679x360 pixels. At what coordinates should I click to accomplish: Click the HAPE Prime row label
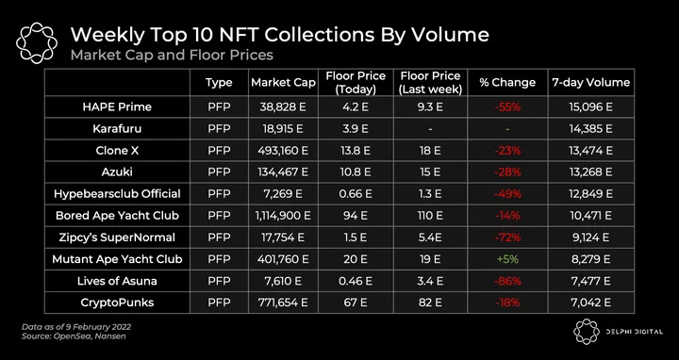click(117, 107)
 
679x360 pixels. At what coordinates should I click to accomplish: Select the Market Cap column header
click(283, 83)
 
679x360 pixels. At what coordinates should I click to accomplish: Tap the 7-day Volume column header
click(590, 83)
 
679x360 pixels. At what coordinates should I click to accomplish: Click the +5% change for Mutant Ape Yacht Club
click(507, 259)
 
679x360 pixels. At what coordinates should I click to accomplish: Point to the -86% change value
click(507, 281)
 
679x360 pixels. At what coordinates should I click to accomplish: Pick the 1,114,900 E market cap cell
click(283, 216)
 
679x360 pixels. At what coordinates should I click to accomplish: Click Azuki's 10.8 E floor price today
click(356, 172)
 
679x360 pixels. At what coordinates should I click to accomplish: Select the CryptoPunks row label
click(117, 303)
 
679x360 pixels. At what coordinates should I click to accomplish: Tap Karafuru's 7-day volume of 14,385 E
click(590, 128)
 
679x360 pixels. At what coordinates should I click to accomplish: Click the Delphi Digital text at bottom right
click(634, 332)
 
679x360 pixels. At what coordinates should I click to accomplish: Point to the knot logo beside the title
click(37, 42)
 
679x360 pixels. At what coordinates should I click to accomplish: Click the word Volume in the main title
click(451, 35)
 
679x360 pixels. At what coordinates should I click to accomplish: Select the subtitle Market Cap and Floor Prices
click(172, 55)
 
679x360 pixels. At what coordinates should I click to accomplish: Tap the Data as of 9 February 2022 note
click(76, 327)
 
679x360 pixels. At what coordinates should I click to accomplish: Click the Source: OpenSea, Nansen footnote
click(74, 336)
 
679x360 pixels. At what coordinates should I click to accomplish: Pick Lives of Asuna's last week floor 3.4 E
click(430, 281)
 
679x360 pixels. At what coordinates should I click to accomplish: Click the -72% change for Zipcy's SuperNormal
click(507, 237)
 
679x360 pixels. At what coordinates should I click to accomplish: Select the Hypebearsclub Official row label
click(117, 194)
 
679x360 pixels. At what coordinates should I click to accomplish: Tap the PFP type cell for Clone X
click(219, 151)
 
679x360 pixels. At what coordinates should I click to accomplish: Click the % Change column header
click(507, 83)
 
